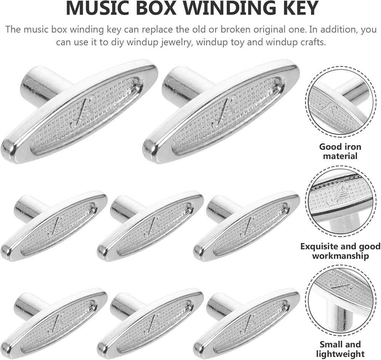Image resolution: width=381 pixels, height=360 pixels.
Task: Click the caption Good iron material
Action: point(340,151)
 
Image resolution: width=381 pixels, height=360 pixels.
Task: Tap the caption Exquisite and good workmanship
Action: point(340,251)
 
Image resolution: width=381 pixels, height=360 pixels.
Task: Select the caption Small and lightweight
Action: point(340,349)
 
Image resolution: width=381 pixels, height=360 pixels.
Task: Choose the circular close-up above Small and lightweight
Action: point(340,300)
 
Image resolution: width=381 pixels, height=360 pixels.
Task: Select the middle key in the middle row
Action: point(150,226)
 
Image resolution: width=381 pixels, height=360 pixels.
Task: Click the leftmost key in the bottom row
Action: point(54,323)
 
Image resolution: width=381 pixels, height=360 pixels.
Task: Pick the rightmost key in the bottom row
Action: point(247,323)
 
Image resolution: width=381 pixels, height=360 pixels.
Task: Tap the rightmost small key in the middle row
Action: point(247,226)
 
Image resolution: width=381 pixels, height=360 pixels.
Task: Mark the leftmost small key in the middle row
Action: point(54,226)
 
